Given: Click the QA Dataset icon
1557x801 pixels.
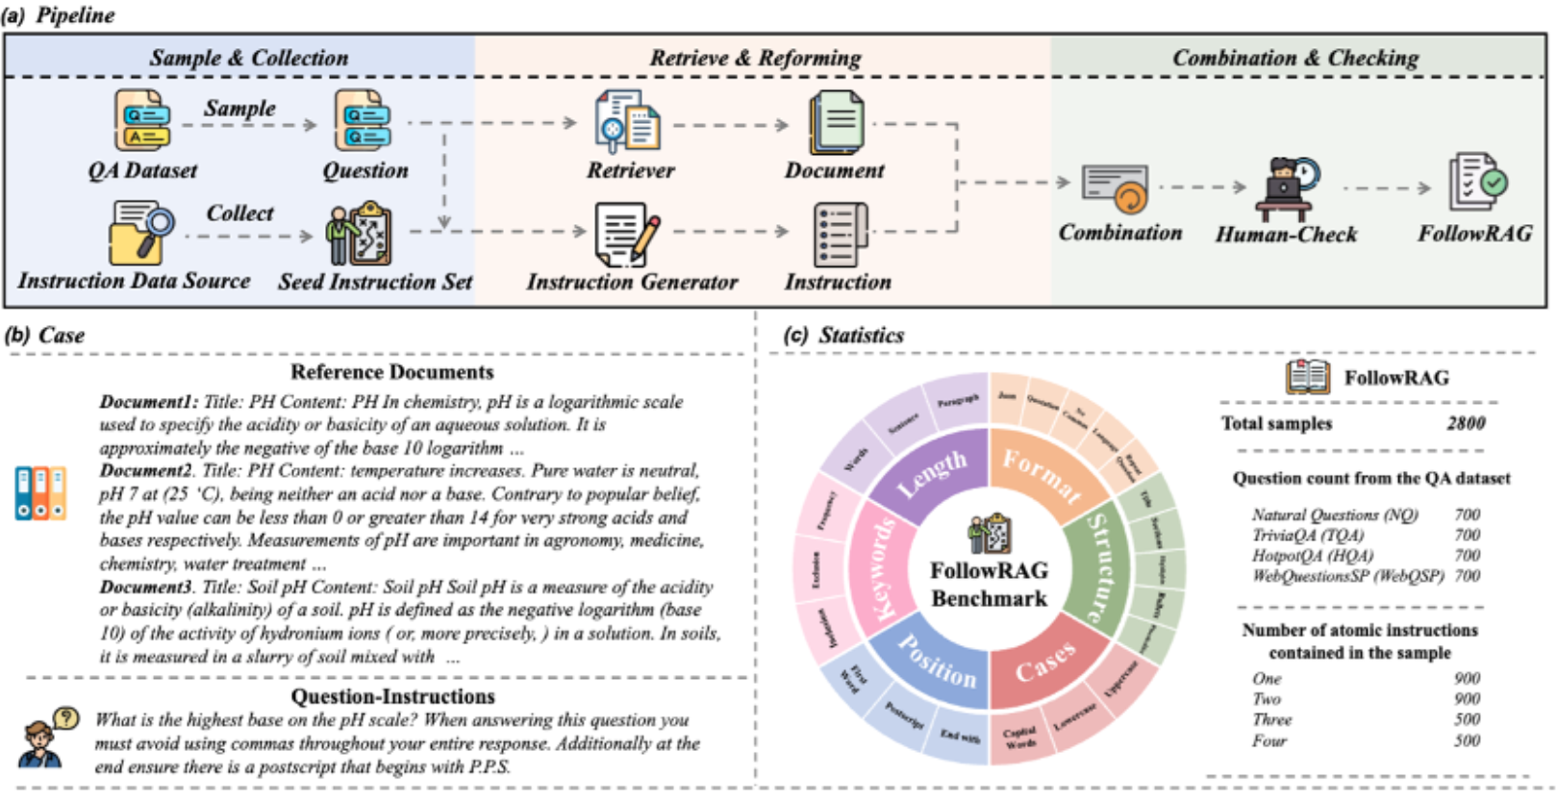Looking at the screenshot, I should pyautogui.click(x=143, y=121).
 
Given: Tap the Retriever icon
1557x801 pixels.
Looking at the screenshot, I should pyautogui.click(x=628, y=122).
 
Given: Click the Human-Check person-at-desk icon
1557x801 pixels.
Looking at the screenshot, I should pyautogui.click(x=1287, y=188).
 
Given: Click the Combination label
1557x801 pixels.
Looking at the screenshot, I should pyautogui.click(x=1120, y=233).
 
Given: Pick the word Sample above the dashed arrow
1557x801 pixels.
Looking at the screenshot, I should pyautogui.click(x=239, y=109).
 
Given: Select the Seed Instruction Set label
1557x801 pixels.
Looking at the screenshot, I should pyautogui.click(x=375, y=282).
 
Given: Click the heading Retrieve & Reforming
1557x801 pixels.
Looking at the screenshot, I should pyautogui.click(x=755, y=58).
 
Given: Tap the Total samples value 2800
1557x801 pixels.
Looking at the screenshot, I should pyautogui.click(x=1466, y=423).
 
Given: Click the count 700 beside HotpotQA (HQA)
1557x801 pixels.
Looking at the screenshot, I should pyautogui.click(x=1467, y=556).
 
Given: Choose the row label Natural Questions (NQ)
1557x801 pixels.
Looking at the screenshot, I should pyautogui.click(x=1335, y=515).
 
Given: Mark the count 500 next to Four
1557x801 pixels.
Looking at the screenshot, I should pyautogui.click(x=1467, y=740).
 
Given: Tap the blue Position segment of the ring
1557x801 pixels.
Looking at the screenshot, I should pyautogui.click(x=936, y=663).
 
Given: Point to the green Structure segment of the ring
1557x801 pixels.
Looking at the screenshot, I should pyautogui.click(x=1106, y=567).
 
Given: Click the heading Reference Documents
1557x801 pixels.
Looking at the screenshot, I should pyautogui.click(x=391, y=372).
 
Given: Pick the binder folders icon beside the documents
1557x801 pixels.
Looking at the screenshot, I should pyautogui.click(x=40, y=493).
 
